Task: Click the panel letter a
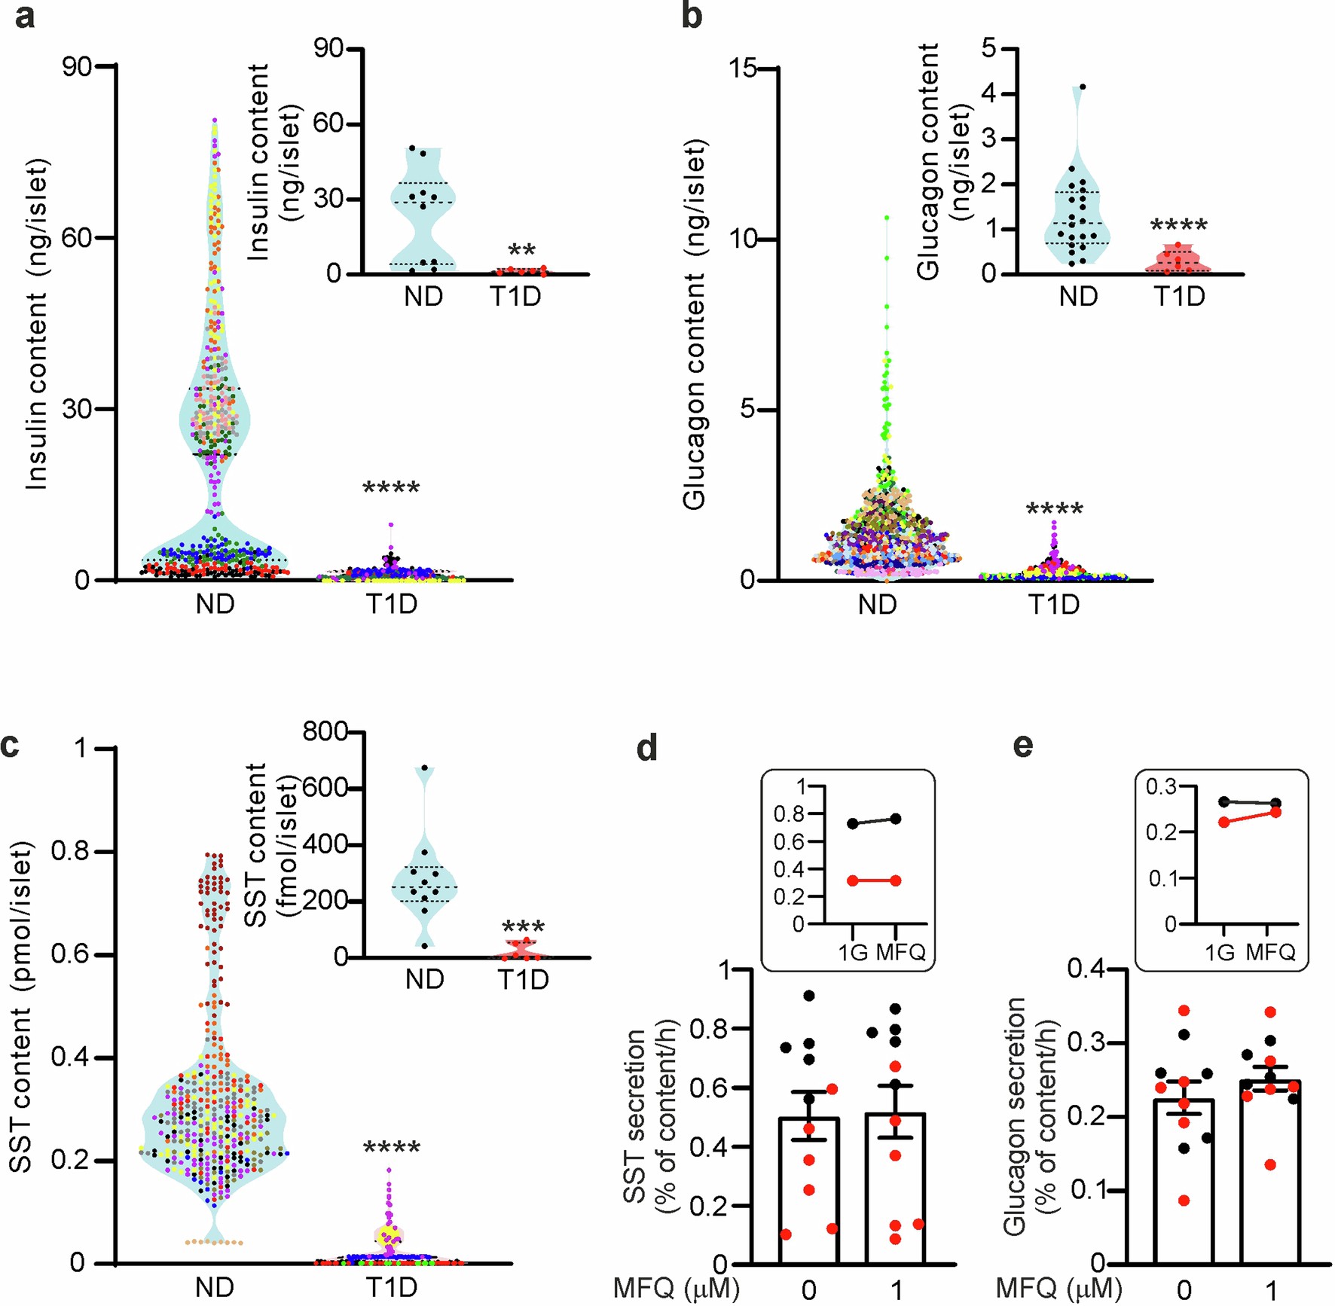click(x=24, y=17)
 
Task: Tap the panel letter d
click(x=647, y=748)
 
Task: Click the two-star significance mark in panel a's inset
click(x=521, y=252)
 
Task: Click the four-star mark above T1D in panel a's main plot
click(x=391, y=489)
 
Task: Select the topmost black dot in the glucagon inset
click(x=1083, y=87)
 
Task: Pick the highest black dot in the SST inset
click(x=424, y=768)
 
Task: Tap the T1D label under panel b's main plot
click(x=1054, y=604)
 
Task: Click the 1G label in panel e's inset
click(x=1219, y=952)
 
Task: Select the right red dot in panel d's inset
click(x=896, y=880)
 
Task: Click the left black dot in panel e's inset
click(x=1223, y=801)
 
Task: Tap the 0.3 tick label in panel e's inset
click(x=1160, y=787)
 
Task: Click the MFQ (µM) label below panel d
click(x=676, y=1289)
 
